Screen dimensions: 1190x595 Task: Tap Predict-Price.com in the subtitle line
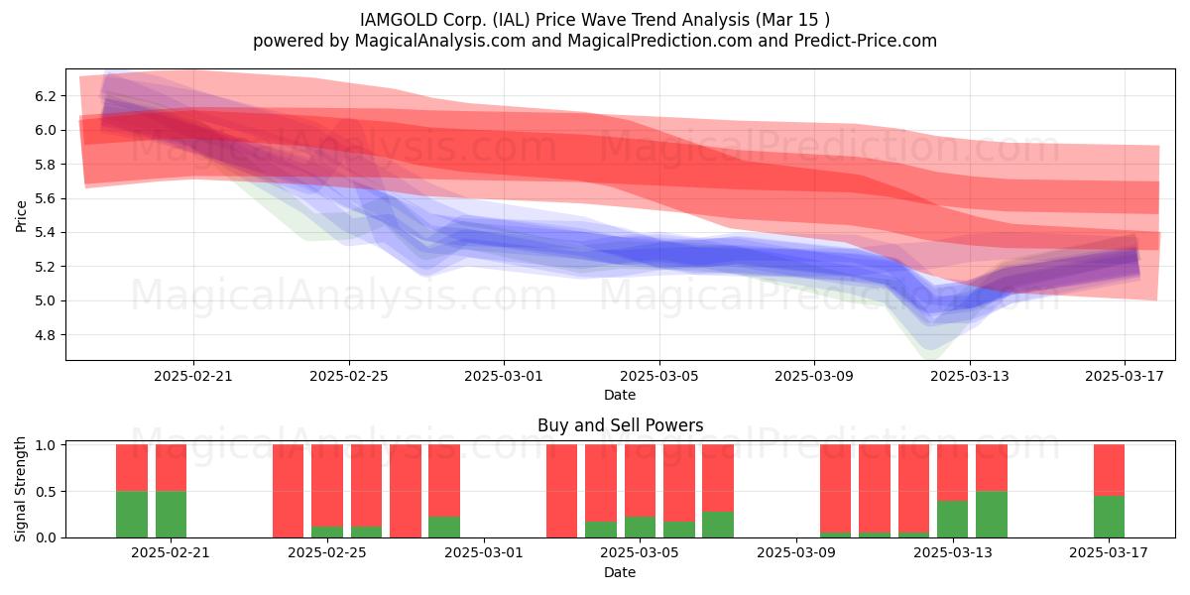click(x=866, y=41)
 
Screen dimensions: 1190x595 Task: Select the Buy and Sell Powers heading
click(x=620, y=425)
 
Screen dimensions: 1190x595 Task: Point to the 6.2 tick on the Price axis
click(x=45, y=96)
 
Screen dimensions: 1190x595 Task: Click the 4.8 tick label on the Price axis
click(x=45, y=335)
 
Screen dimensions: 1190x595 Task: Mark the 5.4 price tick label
click(x=45, y=233)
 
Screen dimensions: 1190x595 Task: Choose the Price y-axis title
click(x=21, y=216)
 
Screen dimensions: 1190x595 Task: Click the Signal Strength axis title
click(x=20, y=489)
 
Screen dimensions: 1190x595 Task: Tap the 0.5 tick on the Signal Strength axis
click(x=45, y=492)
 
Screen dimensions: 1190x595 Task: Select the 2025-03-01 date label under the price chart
click(x=504, y=376)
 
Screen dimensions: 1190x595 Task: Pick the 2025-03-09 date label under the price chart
click(x=814, y=376)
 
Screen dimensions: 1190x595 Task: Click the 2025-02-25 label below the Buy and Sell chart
click(x=326, y=552)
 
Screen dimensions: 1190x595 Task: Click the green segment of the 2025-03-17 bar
click(x=1109, y=517)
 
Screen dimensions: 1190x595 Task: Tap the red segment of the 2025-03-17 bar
click(x=1109, y=470)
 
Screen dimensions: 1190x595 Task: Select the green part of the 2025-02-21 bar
click(x=171, y=515)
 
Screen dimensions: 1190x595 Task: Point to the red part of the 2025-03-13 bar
click(x=953, y=472)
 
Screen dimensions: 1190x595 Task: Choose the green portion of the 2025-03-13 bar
click(x=953, y=519)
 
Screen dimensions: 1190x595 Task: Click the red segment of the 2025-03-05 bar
click(x=640, y=481)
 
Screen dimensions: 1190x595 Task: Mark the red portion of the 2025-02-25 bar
click(x=327, y=486)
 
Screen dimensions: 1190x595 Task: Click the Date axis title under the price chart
click(x=620, y=395)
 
